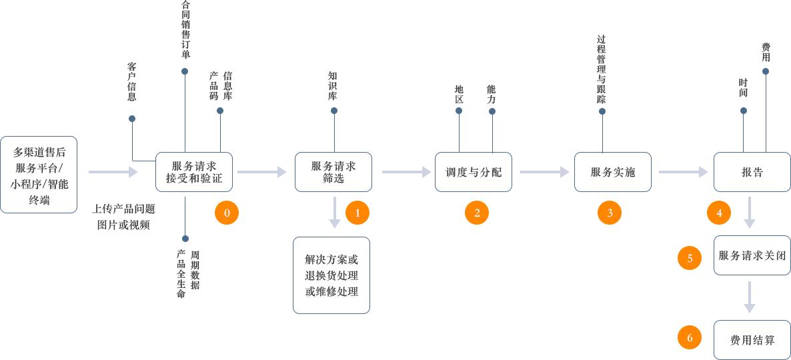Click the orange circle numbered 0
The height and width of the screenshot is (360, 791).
coord(227,213)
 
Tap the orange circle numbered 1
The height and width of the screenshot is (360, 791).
coord(357,213)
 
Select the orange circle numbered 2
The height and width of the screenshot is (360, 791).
coord(477,213)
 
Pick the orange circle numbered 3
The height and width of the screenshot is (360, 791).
coord(610,213)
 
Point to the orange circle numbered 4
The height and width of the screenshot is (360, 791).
coord(719,213)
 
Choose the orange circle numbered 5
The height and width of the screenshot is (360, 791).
coord(690,258)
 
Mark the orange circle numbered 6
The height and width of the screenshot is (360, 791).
coord(690,338)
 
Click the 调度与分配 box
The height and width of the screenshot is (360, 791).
coord(474,172)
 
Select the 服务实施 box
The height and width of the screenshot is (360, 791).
coord(613,172)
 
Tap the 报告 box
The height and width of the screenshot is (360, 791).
coord(752,172)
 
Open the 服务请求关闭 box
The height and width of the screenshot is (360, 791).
coord(752,255)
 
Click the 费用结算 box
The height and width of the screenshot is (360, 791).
coord(752,340)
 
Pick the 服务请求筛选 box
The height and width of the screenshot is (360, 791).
coord(333,172)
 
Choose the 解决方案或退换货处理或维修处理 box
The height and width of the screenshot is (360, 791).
coord(331,275)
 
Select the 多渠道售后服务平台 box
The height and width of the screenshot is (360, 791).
coord(39,175)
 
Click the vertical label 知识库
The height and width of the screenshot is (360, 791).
coord(332,86)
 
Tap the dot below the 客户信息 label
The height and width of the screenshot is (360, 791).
coord(132,119)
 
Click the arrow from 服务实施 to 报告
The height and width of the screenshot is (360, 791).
coord(683,172)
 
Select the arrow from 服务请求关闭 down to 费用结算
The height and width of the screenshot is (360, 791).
coord(749,297)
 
